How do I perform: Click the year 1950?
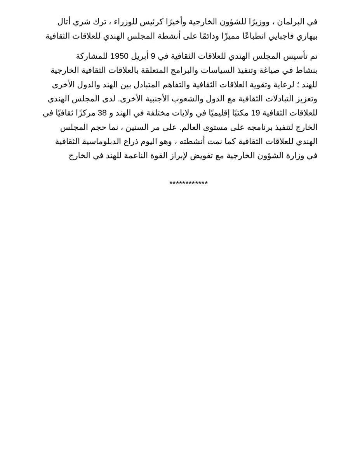(119, 56)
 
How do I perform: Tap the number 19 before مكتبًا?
(255, 113)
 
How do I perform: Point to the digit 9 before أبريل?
(153, 56)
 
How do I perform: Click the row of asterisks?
(188, 183)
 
